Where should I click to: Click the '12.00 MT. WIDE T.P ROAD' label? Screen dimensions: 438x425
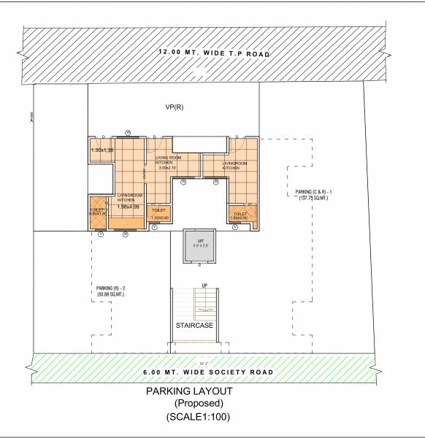point(215,54)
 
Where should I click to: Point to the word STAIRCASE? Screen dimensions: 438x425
point(194,325)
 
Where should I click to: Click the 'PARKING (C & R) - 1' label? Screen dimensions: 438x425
point(315,193)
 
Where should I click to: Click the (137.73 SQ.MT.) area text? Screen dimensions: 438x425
point(315,199)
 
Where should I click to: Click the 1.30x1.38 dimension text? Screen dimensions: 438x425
point(102,150)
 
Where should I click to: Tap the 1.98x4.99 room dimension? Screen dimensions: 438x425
point(128,207)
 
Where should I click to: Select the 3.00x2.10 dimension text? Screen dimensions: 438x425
point(168,167)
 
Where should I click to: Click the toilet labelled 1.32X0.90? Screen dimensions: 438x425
point(159,214)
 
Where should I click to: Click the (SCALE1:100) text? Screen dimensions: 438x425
point(199,417)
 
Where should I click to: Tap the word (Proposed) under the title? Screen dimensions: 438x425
point(198,404)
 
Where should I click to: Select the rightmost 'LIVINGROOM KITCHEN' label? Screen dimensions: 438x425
point(231,166)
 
